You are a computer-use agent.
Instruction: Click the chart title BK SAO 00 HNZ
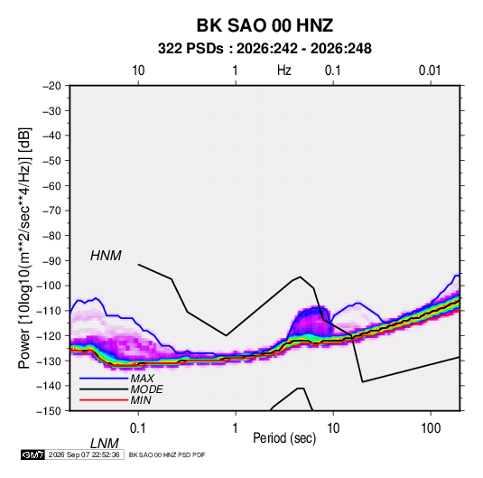coord(265,25)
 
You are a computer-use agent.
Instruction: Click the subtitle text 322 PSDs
coord(190,49)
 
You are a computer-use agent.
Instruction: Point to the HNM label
coord(106,256)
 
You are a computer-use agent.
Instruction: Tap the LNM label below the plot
coord(105,444)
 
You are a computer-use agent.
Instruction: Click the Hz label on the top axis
coord(284,70)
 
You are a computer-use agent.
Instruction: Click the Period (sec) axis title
coord(284,438)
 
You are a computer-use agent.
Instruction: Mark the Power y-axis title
coord(24,248)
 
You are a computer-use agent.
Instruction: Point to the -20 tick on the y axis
coord(51,86)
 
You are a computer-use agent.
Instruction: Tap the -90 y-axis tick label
coord(51,261)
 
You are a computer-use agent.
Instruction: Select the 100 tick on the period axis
coord(431,428)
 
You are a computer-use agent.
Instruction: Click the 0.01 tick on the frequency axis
coord(430,70)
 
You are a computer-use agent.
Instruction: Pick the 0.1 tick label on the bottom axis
coord(138,428)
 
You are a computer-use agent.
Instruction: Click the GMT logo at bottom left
coord(33,455)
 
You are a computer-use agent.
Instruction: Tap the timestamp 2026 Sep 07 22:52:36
coord(84,455)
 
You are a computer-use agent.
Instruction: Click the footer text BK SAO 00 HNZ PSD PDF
coord(167,455)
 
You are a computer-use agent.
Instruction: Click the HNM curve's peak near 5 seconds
coord(300,276)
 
